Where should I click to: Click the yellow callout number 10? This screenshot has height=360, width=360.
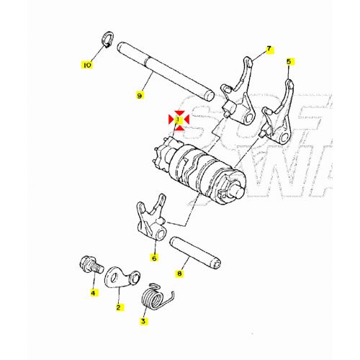(87, 65)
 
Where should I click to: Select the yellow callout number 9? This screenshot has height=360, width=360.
(140, 94)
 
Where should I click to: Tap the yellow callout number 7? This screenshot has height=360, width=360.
(269, 49)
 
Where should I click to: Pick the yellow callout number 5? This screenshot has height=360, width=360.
(289, 62)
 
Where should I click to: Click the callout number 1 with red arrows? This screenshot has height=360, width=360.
(178, 117)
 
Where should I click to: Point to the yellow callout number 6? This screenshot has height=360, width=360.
(154, 256)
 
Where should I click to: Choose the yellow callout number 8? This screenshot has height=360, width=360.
(180, 273)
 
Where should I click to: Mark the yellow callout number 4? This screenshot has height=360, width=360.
(93, 292)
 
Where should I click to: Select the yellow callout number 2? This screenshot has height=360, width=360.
(118, 307)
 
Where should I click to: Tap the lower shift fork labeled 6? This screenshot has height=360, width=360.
(151, 219)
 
